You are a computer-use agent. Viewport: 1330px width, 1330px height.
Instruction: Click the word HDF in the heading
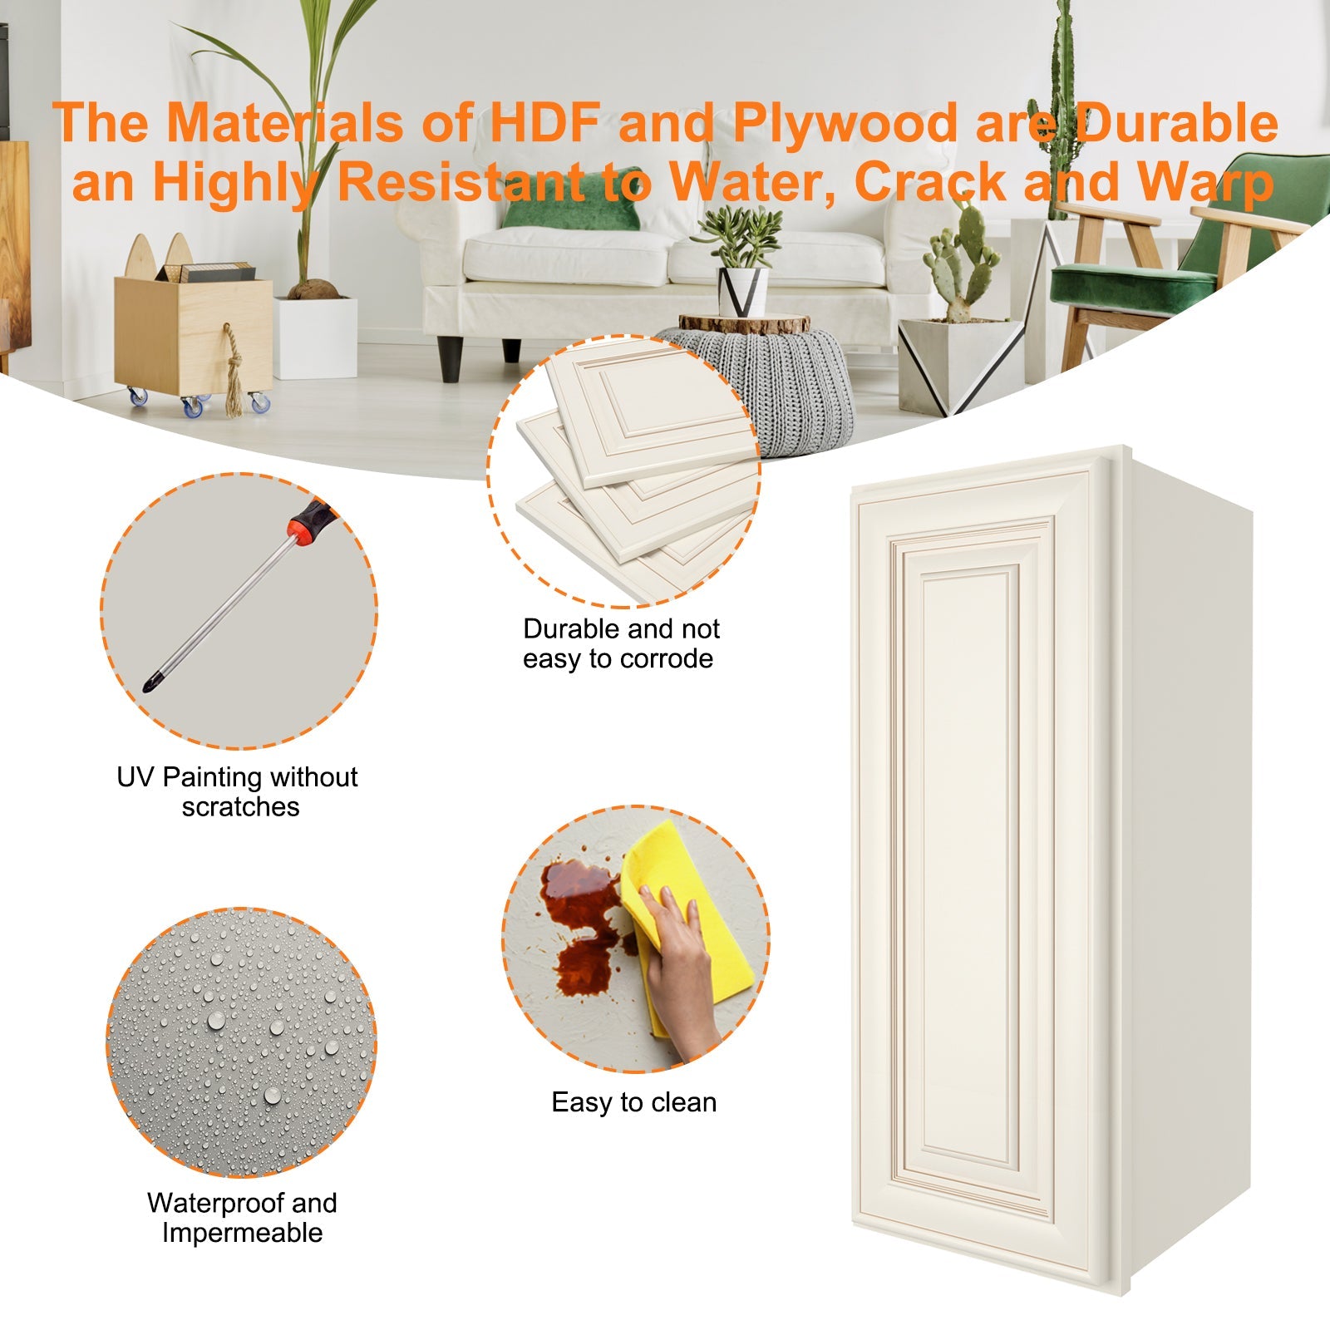tap(544, 123)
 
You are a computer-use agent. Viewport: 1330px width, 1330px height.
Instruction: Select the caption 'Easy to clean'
tap(633, 1102)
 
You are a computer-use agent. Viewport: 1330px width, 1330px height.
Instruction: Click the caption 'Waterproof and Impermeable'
tap(242, 1217)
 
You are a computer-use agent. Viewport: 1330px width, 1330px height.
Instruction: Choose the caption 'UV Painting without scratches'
tap(238, 791)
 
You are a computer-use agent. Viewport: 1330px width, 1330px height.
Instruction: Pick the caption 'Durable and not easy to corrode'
tap(620, 643)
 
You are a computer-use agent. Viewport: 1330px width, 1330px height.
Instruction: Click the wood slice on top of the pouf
tap(743, 323)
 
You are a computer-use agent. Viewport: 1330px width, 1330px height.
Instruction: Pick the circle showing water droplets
tap(241, 1042)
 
